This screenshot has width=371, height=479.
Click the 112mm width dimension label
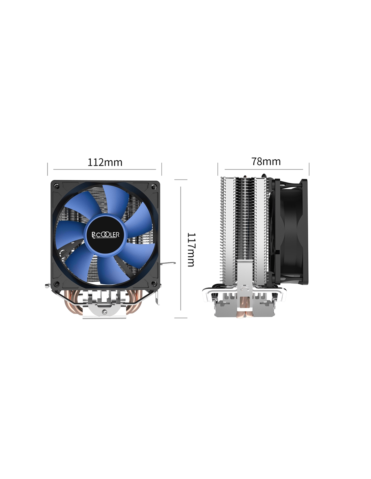[x=105, y=162]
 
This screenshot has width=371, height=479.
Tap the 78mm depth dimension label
[x=266, y=162]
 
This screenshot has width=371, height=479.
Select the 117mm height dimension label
[x=191, y=250]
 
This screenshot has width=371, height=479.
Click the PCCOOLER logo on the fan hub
[x=106, y=235]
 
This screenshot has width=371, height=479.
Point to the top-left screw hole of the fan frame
[x=57, y=186]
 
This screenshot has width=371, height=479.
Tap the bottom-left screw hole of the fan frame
[x=57, y=284]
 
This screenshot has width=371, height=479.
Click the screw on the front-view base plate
[x=105, y=312]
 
